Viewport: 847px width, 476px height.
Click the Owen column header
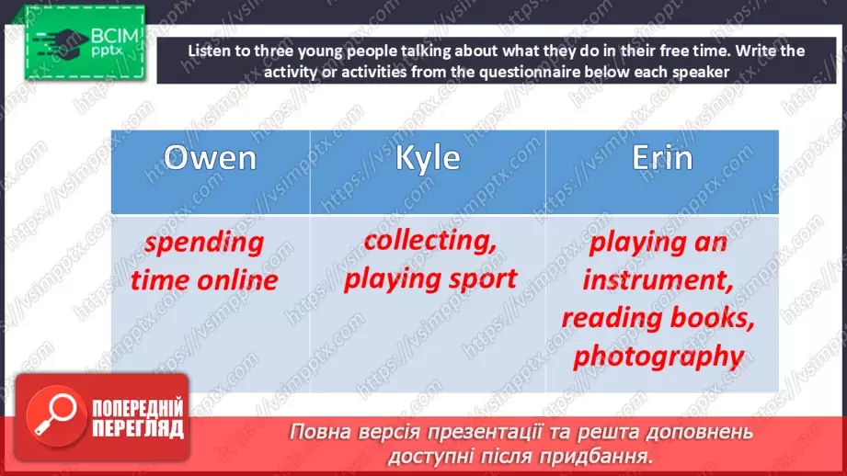[x=210, y=158]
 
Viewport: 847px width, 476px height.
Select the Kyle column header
[x=427, y=158]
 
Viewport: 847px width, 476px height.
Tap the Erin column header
[x=662, y=158]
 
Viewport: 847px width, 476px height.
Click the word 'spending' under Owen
[x=204, y=244]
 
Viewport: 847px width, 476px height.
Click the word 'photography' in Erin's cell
[x=658, y=355]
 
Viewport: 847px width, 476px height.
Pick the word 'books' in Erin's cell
[x=711, y=317]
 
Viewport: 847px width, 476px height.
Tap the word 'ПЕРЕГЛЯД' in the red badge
[x=137, y=428]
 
